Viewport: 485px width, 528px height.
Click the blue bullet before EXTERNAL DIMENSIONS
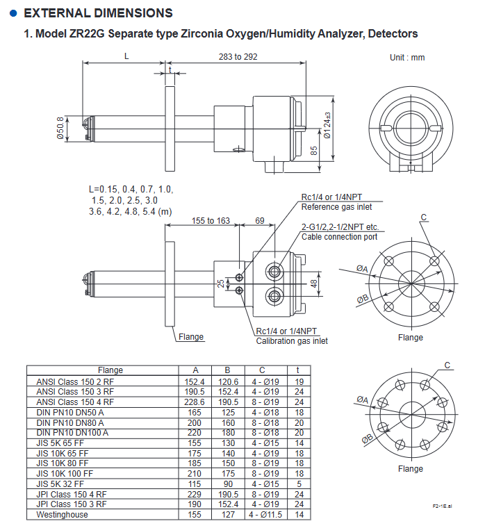[x=13, y=13]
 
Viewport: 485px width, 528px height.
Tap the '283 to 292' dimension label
[x=238, y=56]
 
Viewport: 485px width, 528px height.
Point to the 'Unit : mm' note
[x=407, y=58]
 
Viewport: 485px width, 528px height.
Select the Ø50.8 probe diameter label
[x=60, y=129]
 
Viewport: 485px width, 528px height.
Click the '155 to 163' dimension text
[x=211, y=220]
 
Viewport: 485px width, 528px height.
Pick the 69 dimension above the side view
[x=260, y=220]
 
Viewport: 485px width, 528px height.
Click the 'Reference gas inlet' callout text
[x=336, y=207]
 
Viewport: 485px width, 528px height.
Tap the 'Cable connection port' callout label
[x=339, y=237]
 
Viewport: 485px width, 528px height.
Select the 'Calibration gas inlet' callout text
[x=292, y=341]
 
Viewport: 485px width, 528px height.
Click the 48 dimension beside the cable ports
[x=314, y=283]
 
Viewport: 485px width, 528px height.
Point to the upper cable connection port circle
[x=274, y=271]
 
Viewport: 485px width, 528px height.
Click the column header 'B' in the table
[x=228, y=370]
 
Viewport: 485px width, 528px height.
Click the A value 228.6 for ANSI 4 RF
[x=195, y=402]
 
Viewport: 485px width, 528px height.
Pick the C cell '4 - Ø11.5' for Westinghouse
[x=265, y=515]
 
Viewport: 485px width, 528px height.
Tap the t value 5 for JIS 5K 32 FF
[x=299, y=484]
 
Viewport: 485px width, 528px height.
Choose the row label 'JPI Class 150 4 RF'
[x=72, y=495]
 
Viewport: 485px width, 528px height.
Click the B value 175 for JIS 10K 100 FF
[x=228, y=473]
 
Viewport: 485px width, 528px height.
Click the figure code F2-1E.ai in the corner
[x=443, y=506]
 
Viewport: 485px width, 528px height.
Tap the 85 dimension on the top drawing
[x=313, y=151]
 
